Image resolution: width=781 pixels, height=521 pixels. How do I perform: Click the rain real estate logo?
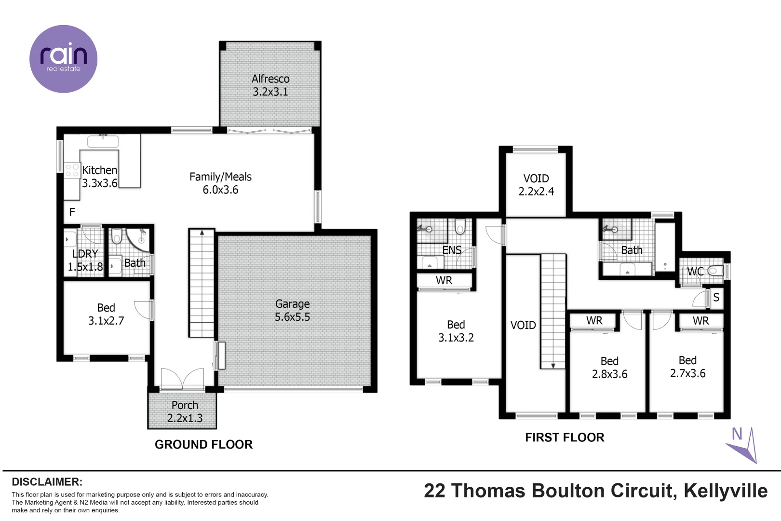(63, 59)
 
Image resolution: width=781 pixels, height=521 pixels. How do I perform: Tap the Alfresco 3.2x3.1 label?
(270, 85)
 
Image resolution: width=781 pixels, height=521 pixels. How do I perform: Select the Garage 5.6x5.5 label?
(292, 310)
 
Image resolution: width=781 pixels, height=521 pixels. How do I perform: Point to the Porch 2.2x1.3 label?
(185, 411)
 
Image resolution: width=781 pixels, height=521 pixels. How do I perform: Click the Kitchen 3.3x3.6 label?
(100, 177)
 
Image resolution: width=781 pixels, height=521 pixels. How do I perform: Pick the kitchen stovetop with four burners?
(72, 171)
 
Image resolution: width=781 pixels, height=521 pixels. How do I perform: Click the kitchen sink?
(103, 141)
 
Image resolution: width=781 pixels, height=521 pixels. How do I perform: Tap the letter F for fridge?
(72, 212)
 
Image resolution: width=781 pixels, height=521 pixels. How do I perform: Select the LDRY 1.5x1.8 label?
(85, 260)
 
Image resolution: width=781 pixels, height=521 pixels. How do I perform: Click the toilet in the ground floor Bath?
(117, 236)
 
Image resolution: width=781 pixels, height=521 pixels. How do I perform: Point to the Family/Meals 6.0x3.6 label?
(220, 183)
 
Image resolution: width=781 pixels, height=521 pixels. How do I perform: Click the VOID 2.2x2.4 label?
(536, 185)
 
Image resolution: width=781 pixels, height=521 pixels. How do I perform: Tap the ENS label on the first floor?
(452, 250)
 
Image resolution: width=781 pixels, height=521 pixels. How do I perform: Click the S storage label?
(716, 297)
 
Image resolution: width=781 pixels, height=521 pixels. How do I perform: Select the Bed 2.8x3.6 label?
(609, 368)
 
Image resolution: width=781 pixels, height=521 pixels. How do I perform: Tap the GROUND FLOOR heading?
(203, 444)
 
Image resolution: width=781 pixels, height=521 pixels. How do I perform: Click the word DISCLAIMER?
(47, 481)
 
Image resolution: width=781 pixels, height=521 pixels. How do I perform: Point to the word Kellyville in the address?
(726, 491)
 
